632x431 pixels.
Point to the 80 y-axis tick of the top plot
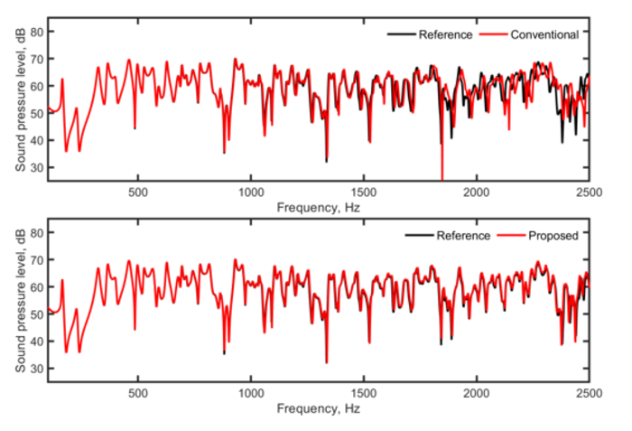(x=37, y=32)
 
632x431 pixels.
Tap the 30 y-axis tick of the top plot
(x=37, y=168)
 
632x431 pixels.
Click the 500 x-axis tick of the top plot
(x=138, y=192)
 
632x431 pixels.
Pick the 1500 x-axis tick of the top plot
(x=363, y=192)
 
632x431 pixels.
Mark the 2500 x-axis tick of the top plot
(x=588, y=192)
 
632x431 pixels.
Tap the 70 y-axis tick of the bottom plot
(x=37, y=260)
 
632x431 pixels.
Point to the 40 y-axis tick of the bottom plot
(x=37, y=342)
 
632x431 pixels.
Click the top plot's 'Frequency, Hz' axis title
(x=318, y=206)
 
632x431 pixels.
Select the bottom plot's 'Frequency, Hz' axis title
(x=318, y=408)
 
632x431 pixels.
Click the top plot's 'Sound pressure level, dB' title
(x=19, y=99)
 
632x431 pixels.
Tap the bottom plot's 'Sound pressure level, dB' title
(x=19, y=300)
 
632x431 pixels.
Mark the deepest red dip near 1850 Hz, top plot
(x=442, y=178)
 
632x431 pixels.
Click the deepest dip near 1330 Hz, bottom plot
(x=326, y=362)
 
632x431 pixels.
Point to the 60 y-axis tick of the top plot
(x=37, y=86)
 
